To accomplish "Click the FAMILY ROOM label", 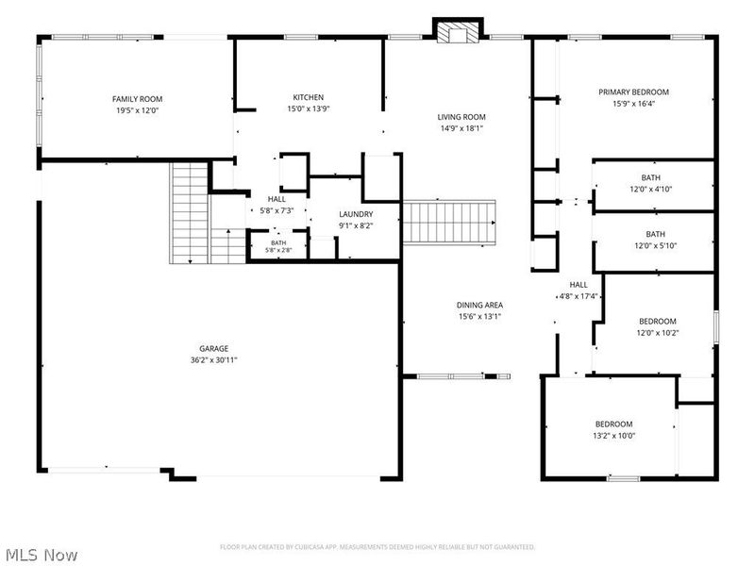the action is [137, 99].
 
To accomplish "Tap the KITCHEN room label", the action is [309, 97].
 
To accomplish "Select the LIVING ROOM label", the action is [461, 117].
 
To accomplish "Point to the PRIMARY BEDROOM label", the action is [633, 92].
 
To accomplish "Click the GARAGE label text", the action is [214, 348].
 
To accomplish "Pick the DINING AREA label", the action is [479, 305].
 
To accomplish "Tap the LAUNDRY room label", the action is [356, 214].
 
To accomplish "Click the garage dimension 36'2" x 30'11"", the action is [214, 360].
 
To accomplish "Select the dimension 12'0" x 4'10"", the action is [650, 190].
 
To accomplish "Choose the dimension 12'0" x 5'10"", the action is [655, 245].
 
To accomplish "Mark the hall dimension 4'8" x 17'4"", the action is [579, 296].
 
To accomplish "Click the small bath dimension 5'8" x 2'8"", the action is [278, 250].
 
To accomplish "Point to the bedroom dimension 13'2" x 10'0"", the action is [614, 436].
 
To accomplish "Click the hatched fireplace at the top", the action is [458, 34].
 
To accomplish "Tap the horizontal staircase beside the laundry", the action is [449, 223].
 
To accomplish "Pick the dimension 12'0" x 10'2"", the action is [658, 333].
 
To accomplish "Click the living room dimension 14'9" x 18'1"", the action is [461, 128].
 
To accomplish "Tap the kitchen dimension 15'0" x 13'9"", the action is [309, 108].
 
